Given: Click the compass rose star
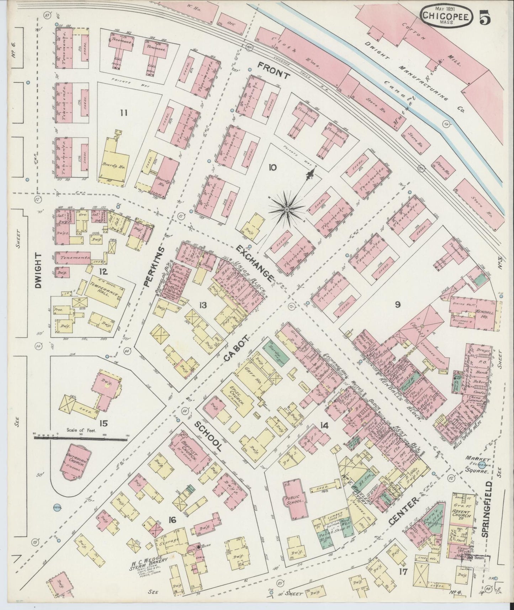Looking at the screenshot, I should pos(286,209).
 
